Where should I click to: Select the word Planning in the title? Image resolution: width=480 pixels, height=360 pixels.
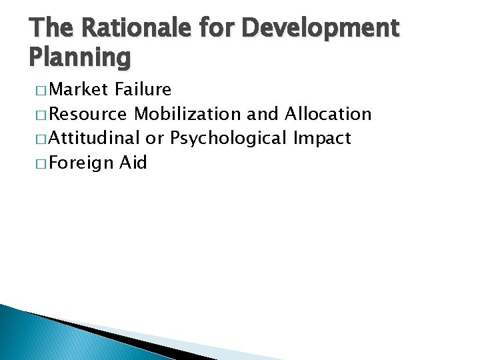pyautogui.click(x=79, y=59)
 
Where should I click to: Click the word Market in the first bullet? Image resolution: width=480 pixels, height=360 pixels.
pyautogui.click(x=79, y=89)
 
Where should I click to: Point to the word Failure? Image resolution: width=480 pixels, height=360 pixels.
pyautogui.click(x=143, y=89)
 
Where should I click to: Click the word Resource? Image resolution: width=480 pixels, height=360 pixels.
pyautogui.click(x=89, y=114)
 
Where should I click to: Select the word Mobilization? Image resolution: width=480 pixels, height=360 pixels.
pyautogui.click(x=187, y=114)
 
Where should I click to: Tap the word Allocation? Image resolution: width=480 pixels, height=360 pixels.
pyautogui.click(x=327, y=114)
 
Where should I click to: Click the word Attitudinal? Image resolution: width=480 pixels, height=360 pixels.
pyautogui.click(x=94, y=138)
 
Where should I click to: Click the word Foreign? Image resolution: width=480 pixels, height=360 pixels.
pyautogui.click(x=81, y=163)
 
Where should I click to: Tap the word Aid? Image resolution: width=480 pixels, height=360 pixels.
pyautogui.click(x=133, y=162)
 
